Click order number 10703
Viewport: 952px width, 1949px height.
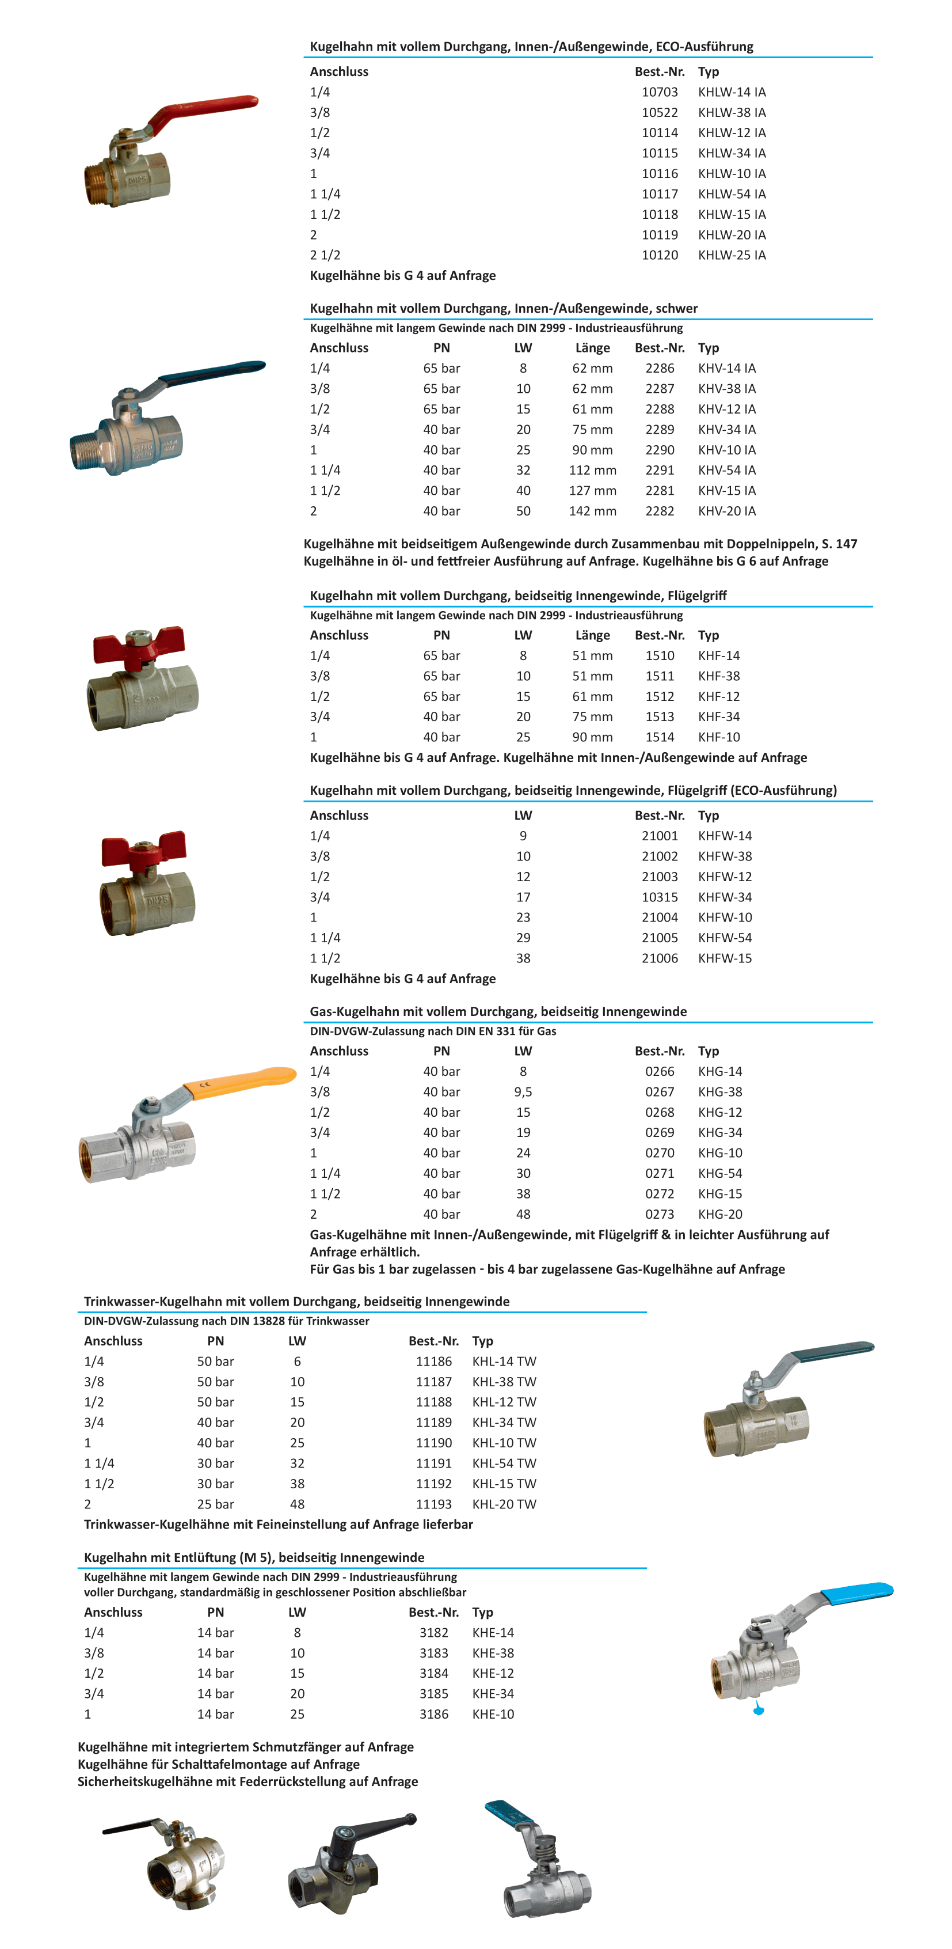(x=660, y=92)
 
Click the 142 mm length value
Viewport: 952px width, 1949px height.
(x=592, y=511)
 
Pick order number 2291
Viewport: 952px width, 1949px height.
(x=660, y=471)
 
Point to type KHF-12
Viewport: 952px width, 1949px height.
(x=718, y=697)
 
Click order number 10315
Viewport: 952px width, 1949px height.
(x=660, y=897)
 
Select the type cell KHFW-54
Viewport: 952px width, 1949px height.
(x=725, y=938)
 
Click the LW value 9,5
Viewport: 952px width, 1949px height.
(x=523, y=1092)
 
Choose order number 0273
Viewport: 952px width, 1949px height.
(x=660, y=1214)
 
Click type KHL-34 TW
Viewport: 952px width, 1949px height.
(x=504, y=1423)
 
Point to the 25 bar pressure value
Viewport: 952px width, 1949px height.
(x=215, y=1504)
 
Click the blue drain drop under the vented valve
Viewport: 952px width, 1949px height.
(x=759, y=1709)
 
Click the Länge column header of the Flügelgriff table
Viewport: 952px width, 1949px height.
(x=592, y=635)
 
